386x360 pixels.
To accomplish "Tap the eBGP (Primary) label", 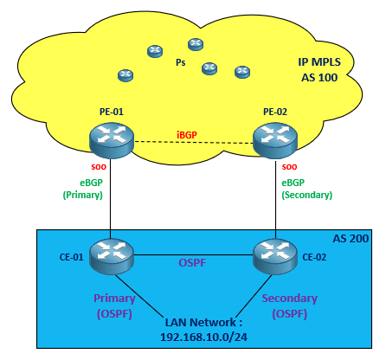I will tap(82, 189).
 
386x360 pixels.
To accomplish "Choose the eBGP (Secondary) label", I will tap(306, 189).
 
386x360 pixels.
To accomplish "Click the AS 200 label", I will tap(351, 237).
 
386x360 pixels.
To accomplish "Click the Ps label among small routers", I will tap(180, 62).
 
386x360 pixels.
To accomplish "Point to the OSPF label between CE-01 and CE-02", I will tap(193, 262).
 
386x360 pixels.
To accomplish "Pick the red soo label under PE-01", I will tap(98, 165).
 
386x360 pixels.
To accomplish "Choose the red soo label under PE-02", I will tap(290, 165).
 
